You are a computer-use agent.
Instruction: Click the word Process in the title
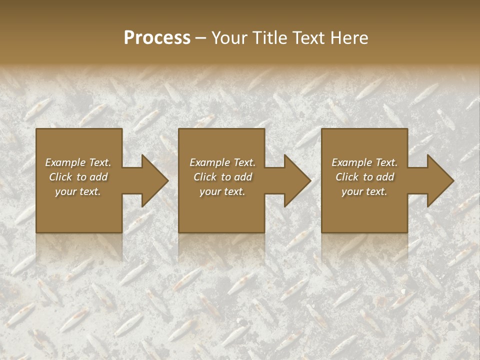pos(157,38)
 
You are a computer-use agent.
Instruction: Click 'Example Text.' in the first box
pos(78,162)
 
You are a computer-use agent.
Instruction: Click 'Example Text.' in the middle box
pos(222,162)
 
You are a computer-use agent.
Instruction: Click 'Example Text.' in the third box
pos(364,162)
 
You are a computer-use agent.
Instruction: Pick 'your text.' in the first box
pos(78,191)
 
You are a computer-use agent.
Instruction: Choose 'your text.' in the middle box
pos(222,191)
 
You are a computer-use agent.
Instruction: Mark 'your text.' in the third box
pos(364,191)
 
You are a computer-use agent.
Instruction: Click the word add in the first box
pos(99,177)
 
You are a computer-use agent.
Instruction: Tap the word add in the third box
pos(385,177)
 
